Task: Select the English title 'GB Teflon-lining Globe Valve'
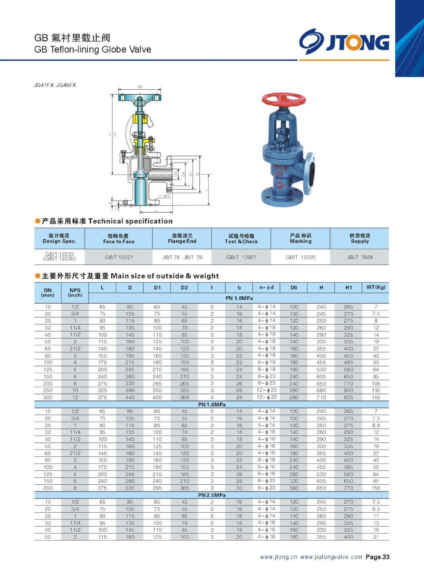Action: tap(93, 50)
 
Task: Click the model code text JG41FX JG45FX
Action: tap(55, 85)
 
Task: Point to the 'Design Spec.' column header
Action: tap(59, 239)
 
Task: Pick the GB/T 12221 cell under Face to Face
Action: tap(119, 257)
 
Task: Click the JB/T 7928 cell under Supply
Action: tap(359, 257)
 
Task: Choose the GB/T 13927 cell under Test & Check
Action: tap(241, 257)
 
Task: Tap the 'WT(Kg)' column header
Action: tap(375, 287)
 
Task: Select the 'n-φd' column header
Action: tap(266, 287)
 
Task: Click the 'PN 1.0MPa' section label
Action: tap(239, 298)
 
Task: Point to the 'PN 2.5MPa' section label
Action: tap(212, 495)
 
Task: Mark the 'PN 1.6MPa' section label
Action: tap(212, 404)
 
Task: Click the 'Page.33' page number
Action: tap(377, 557)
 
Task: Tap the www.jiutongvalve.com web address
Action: tap(331, 557)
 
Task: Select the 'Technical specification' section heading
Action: tap(130, 221)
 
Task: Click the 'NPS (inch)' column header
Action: tap(75, 293)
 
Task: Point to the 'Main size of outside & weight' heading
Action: tap(165, 276)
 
